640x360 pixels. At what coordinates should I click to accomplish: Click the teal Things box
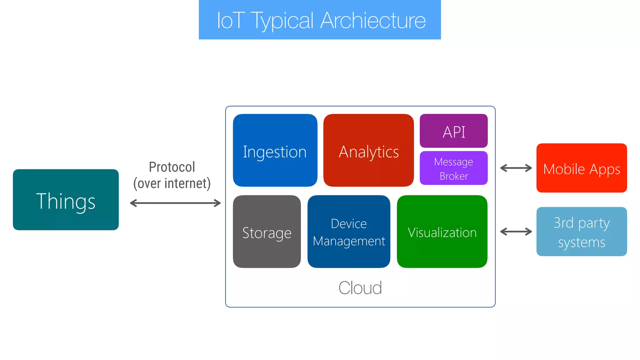point(66,200)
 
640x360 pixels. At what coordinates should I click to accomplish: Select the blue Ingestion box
point(275,150)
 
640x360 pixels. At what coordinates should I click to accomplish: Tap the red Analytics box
point(368,150)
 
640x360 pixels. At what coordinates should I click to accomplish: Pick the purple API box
point(453,131)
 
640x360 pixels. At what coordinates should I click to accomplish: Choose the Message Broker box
point(453,168)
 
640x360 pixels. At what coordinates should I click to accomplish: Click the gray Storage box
point(267,232)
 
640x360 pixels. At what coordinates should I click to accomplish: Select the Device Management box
point(349,232)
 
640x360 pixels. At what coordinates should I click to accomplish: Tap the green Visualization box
point(442,232)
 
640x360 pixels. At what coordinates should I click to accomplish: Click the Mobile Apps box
point(582,168)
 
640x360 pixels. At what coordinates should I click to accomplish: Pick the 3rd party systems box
point(582,232)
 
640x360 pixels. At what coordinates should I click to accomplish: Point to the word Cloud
point(360,287)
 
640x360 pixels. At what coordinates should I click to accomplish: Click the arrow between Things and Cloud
point(175,203)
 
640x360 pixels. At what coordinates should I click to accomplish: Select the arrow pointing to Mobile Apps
point(516,168)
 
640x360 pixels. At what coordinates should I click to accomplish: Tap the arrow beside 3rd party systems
point(516,232)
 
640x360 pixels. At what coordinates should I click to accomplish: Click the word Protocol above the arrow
point(172,167)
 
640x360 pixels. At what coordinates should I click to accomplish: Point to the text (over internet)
point(172,183)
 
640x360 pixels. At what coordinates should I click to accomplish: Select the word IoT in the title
point(231,21)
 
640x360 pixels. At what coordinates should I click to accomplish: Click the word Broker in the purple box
point(454,176)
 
